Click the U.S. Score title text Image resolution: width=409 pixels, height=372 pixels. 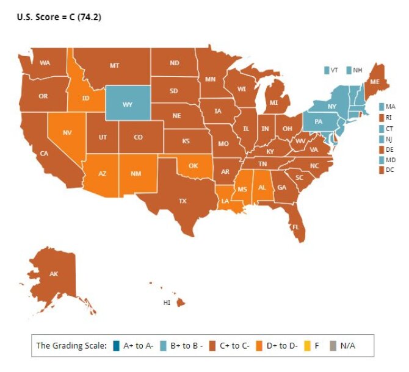pyautogui.click(x=59, y=18)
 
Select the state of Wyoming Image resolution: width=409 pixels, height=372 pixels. pyautogui.click(x=128, y=104)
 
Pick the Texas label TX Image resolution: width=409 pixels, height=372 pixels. pyautogui.click(x=182, y=201)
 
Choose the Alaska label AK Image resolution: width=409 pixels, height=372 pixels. pyautogui.click(x=54, y=274)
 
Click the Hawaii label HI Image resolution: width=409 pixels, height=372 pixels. pyautogui.click(x=166, y=302)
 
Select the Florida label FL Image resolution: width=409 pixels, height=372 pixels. pyautogui.click(x=295, y=227)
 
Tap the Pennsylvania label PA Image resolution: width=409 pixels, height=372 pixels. pyautogui.click(x=318, y=121)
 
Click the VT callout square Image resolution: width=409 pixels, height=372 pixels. pyautogui.click(x=327, y=70)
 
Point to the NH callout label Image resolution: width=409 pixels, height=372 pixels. pyautogui.click(x=358, y=70)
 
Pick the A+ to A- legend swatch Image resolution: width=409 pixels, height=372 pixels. pyautogui.click(x=116, y=346)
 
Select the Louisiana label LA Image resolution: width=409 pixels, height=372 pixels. pyautogui.click(x=225, y=201)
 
